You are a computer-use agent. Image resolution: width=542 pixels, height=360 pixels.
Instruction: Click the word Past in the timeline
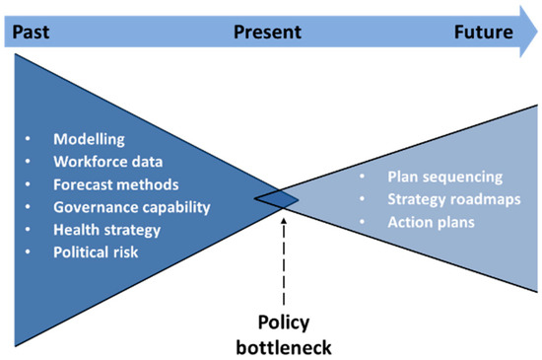(29, 32)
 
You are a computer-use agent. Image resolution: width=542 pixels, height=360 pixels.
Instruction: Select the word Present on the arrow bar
(267, 32)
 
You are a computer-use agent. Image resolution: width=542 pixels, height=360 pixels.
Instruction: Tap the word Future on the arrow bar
(483, 32)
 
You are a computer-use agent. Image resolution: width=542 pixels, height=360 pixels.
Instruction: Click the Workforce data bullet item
(106, 162)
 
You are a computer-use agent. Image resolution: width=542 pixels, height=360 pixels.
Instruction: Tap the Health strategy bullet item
(106, 229)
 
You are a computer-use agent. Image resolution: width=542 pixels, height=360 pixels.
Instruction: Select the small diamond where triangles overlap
(277, 199)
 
